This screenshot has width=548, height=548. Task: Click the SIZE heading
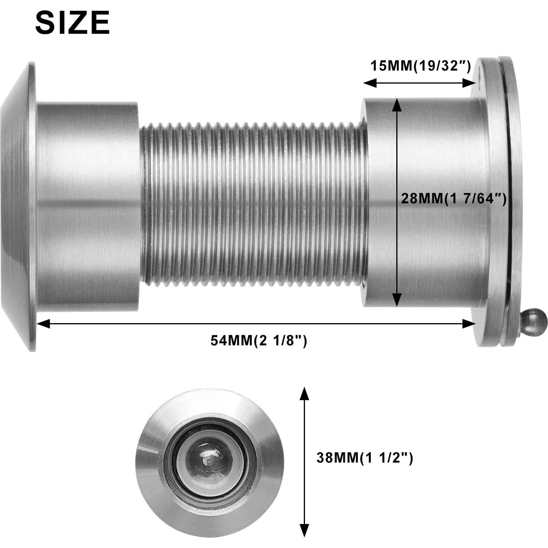pos(72,23)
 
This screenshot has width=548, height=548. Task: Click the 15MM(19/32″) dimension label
pos(421,66)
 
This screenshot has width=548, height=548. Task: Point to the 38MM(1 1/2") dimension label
pos(365,458)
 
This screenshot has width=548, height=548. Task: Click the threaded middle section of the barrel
pos(253,204)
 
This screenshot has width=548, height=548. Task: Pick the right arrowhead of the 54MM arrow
pos(470,324)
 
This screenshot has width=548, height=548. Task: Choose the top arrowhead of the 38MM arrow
pos(305,393)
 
